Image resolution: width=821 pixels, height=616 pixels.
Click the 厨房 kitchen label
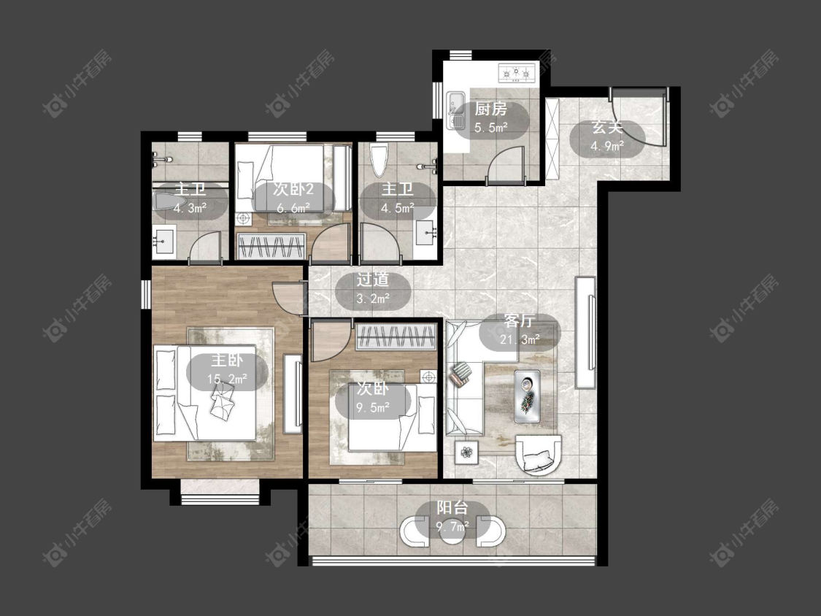[x=490, y=109]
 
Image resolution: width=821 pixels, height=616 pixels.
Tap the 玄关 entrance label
[x=607, y=127]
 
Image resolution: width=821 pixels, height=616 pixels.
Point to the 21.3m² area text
[x=520, y=339]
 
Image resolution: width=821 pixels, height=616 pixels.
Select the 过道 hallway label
[x=373, y=280]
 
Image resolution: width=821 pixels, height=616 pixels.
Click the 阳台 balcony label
[x=452, y=507]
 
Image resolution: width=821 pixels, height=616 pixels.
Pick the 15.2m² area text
[x=227, y=378]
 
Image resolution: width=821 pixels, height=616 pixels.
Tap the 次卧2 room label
[x=293, y=189]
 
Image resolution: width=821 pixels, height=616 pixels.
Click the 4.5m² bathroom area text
[x=398, y=208]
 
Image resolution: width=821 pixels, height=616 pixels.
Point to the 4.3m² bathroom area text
[x=190, y=208]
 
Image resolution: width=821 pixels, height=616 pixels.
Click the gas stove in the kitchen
[x=517, y=73]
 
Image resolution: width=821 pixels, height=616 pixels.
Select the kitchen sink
[x=455, y=109]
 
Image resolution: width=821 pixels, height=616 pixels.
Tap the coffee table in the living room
[x=527, y=396]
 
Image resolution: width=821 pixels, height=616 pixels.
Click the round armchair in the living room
[x=539, y=454]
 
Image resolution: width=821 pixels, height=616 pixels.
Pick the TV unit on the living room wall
[x=586, y=333]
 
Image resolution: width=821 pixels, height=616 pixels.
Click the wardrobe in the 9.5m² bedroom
[x=396, y=336]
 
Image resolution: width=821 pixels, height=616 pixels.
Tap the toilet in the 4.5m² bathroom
[x=378, y=161]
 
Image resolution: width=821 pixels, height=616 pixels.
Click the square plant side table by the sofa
[x=466, y=451]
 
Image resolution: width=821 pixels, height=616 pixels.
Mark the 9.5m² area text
[x=373, y=407]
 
